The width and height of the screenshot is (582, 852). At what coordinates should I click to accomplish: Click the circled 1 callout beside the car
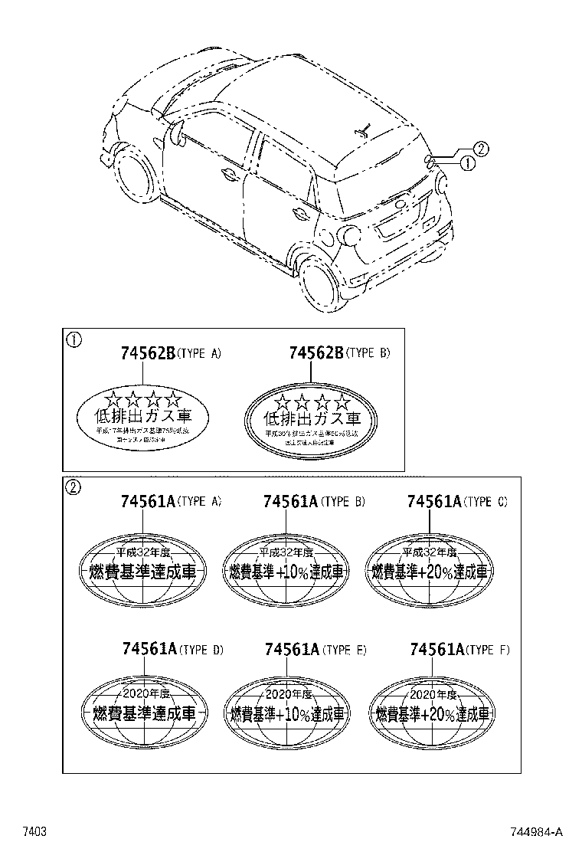click(x=468, y=163)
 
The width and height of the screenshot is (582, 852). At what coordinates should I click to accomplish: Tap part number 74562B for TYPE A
click(x=147, y=353)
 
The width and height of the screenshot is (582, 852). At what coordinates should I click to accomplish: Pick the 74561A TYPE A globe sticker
click(x=143, y=570)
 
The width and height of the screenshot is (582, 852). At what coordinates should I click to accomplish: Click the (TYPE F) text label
click(x=488, y=650)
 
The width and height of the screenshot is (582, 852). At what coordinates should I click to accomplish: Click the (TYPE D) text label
click(x=201, y=650)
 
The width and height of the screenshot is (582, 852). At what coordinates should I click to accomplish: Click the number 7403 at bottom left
click(x=35, y=831)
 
